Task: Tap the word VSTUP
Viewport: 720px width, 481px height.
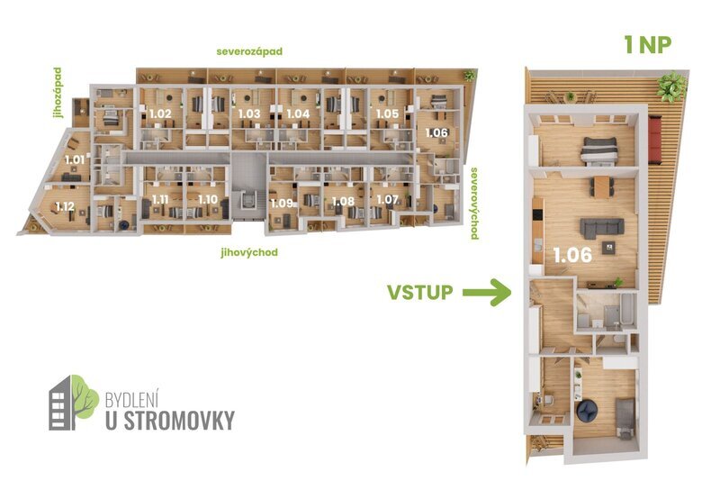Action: (x=419, y=292)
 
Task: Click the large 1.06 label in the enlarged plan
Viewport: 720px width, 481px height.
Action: (x=573, y=255)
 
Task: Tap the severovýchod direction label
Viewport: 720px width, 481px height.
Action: (x=474, y=202)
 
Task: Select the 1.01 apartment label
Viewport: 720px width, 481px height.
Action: (x=75, y=159)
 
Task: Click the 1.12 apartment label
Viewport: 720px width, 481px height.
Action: (x=64, y=205)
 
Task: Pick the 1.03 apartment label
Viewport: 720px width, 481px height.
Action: (x=249, y=113)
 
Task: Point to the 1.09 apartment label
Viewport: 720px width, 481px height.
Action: (x=282, y=203)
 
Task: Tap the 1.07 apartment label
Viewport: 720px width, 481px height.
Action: (x=387, y=198)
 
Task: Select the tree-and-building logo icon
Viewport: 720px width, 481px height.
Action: (x=73, y=401)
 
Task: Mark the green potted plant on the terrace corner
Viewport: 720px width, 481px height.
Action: (x=670, y=86)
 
